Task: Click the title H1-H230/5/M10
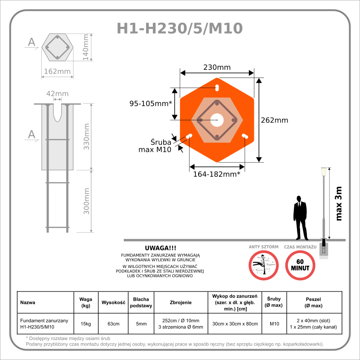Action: coord(180,28)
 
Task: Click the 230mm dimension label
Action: coord(216,67)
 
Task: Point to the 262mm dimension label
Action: coord(275,120)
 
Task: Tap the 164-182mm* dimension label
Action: coord(217,174)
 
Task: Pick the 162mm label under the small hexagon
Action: coord(57,71)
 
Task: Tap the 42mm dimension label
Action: coord(58,94)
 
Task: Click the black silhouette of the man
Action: coord(300,217)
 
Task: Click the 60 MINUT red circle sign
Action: coord(300,265)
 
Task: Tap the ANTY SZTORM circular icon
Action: coord(263,265)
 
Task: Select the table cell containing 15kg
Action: coord(86,324)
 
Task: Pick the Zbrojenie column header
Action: coord(180,302)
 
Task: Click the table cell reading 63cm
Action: coord(113,324)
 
